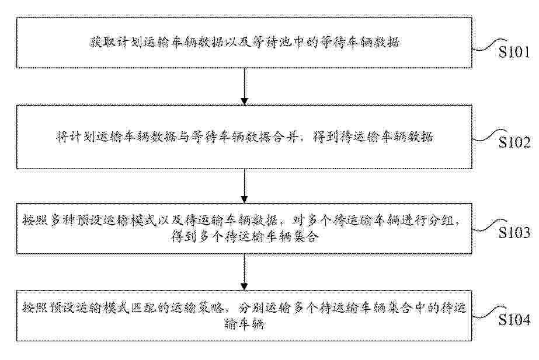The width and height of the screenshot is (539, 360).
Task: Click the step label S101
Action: point(514,52)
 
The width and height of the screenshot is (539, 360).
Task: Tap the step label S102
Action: point(514,142)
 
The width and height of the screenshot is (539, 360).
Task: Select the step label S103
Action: point(514,233)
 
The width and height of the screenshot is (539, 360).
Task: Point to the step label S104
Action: point(514,320)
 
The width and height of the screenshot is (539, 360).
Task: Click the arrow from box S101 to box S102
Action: point(245,86)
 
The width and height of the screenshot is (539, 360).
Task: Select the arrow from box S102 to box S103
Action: point(245,186)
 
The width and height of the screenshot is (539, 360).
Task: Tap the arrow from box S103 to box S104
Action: point(245,272)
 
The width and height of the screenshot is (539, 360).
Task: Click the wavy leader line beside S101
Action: point(489,46)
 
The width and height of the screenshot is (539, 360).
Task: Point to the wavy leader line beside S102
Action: point(489,136)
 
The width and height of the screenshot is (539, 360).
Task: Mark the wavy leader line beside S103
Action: point(489,226)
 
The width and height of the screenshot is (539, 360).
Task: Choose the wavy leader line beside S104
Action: point(489,313)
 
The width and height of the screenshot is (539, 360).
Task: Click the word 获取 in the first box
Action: point(102,43)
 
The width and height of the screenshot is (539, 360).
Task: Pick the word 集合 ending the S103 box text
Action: point(304,237)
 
